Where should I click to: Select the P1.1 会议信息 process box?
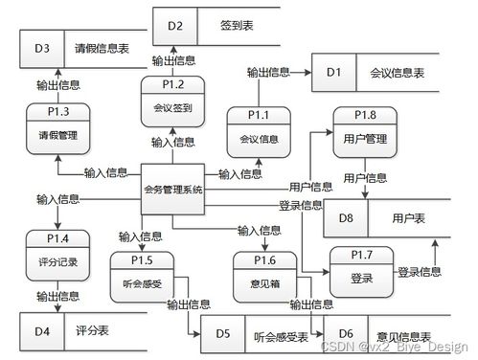(258, 131)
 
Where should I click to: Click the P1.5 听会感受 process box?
(143, 273)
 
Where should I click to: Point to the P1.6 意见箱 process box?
(265, 273)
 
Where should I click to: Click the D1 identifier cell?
(332, 73)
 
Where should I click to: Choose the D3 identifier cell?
(42, 47)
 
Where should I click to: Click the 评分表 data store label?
(91, 330)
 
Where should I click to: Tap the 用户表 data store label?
(408, 218)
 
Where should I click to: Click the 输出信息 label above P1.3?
(57, 83)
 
